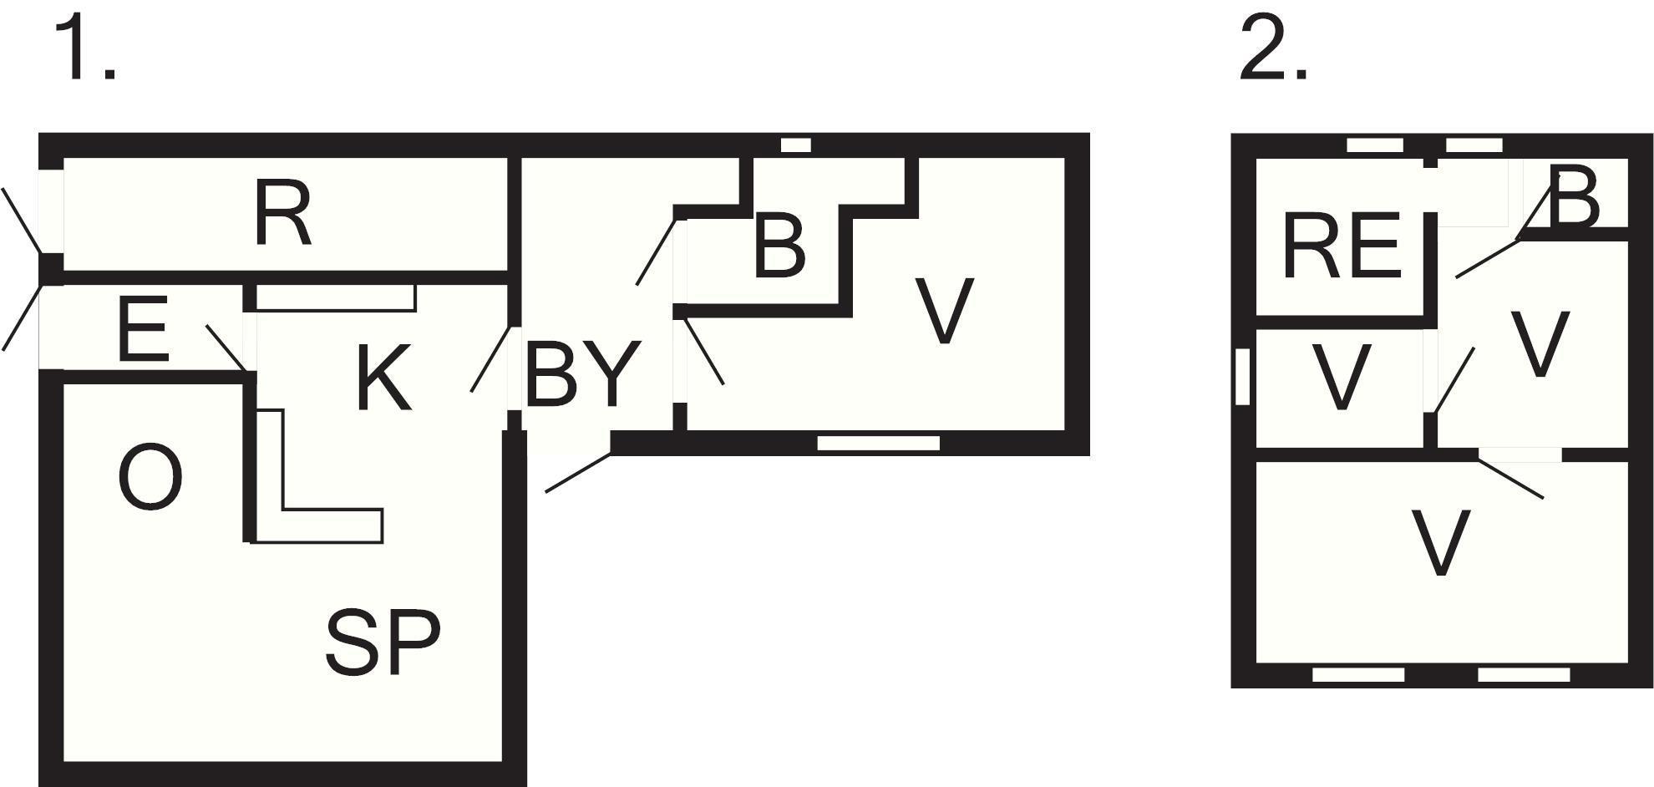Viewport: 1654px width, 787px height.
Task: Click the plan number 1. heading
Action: click(x=84, y=49)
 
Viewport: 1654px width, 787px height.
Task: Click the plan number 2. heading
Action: click(x=1272, y=49)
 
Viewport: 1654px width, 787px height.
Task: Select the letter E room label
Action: click(x=144, y=330)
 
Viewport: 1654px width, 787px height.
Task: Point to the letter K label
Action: click(x=383, y=378)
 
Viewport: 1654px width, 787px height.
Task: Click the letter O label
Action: click(x=150, y=477)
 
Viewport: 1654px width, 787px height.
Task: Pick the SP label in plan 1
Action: click(x=383, y=642)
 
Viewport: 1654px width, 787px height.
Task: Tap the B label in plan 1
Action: click(x=779, y=246)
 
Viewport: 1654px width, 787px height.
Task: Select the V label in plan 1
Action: click(x=945, y=310)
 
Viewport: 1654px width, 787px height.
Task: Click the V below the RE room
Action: click(x=1342, y=377)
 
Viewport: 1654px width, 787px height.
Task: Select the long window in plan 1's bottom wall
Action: click(x=878, y=443)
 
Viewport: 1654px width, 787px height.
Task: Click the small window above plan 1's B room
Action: click(x=796, y=145)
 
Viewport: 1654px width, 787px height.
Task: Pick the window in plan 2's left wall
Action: click(x=1242, y=377)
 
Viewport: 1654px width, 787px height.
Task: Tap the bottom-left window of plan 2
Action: click(x=1358, y=674)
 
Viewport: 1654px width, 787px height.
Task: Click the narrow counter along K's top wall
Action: click(x=336, y=298)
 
